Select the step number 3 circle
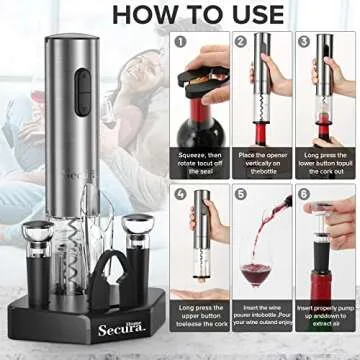303,43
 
